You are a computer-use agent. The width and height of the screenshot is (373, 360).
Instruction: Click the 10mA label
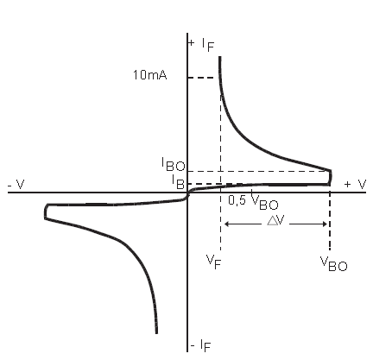149,75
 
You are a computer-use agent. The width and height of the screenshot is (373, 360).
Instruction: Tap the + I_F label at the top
201,45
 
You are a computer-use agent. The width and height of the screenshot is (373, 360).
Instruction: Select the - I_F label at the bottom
200,345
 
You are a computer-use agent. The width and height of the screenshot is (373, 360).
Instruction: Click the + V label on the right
355,184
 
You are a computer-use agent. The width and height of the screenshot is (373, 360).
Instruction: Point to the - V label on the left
16,184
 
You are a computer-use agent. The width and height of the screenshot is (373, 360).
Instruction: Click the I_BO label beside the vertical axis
173,165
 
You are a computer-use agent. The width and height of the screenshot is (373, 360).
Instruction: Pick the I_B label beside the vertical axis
178,182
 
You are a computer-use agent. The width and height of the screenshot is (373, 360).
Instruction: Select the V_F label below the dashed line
213,262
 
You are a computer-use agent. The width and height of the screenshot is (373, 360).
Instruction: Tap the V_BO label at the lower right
334,264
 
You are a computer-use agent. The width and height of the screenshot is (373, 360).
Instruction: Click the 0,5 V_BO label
253,200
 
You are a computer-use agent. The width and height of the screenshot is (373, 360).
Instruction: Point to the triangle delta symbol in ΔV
272,220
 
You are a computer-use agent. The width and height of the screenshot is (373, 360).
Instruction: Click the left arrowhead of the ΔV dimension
226,224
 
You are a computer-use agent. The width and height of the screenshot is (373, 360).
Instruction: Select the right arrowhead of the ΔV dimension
325,224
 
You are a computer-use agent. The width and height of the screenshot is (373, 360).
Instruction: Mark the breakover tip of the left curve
45,212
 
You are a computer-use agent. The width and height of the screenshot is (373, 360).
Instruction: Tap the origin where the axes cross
187,193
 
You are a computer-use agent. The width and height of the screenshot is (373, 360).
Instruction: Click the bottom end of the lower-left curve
156,333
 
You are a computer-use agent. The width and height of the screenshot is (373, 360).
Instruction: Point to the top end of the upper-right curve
220,57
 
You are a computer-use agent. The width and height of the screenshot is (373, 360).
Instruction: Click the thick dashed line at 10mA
204,78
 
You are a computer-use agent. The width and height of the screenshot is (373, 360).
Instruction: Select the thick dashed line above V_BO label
330,221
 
